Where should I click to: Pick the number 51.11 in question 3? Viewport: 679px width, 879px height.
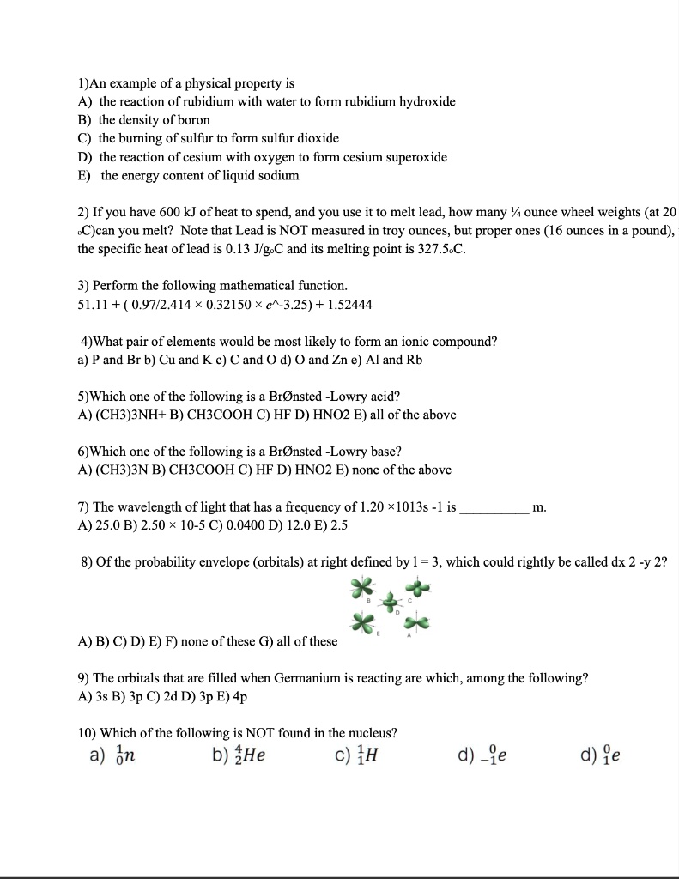(x=93, y=305)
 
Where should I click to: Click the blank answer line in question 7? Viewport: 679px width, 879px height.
(x=494, y=508)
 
